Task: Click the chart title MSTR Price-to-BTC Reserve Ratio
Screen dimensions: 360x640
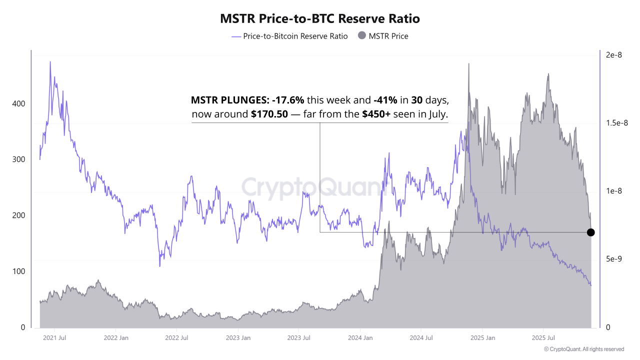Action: point(320,18)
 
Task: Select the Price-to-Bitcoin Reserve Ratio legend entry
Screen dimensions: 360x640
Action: point(295,36)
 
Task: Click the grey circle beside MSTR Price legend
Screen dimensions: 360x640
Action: point(362,35)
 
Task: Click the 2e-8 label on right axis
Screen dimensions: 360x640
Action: point(613,55)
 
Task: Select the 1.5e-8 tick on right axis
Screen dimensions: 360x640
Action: point(617,123)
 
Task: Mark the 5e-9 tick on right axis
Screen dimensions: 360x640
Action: point(613,259)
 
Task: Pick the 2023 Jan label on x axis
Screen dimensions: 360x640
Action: point(238,338)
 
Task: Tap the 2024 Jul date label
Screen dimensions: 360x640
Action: point(421,338)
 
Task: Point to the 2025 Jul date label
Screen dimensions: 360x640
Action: point(544,338)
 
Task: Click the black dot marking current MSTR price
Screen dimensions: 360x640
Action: point(590,232)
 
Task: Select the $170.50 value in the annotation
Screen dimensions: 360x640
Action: point(269,114)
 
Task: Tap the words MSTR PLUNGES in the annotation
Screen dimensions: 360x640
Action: point(229,99)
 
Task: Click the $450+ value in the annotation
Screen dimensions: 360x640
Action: point(376,114)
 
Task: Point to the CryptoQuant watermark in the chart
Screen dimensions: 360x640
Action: point(312,187)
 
